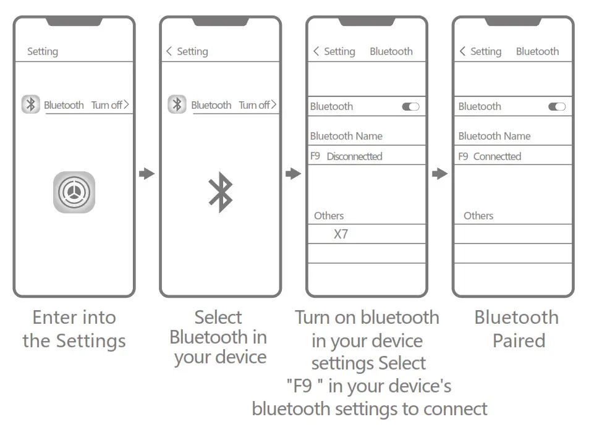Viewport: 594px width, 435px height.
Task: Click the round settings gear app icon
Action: point(74,192)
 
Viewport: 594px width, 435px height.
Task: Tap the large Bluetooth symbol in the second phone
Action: point(220,192)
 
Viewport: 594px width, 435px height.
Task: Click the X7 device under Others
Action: point(341,234)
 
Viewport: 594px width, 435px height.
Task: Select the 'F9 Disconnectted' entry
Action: point(346,156)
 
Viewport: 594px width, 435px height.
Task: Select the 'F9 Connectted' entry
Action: point(490,156)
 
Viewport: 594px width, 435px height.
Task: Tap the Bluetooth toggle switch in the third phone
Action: point(410,106)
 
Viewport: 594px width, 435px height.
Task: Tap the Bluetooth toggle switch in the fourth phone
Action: point(557,106)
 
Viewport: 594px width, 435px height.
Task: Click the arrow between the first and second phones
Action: point(146,174)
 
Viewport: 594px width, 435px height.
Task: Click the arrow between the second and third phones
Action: point(293,174)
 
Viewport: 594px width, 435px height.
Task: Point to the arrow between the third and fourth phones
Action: point(439,174)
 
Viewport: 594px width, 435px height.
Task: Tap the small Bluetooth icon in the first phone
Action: point(31,104)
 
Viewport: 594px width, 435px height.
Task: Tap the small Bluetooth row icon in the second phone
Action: point(177,104)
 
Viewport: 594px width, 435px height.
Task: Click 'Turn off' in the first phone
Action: point(109,105)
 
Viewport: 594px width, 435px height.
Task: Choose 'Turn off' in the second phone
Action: point(257,105)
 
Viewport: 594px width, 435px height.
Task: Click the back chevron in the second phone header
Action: point(169,51)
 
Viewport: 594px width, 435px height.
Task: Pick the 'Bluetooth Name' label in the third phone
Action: point(346,136)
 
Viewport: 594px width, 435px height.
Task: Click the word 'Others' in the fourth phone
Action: point(478,216)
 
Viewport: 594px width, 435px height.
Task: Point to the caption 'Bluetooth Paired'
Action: point(517,329)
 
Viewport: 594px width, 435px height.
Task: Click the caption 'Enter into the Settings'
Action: point(74,329)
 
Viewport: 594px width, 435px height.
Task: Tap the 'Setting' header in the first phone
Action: point(43,52)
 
